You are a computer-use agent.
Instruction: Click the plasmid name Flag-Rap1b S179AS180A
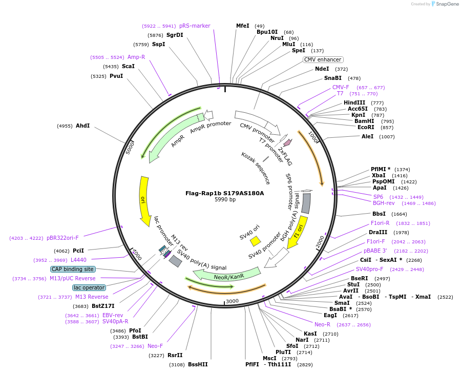pyautogui.click(x=225, y=193)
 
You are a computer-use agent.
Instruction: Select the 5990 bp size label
pyautogui.click(x=225, y=200)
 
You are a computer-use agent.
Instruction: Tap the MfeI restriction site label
pyautogui.click(x=243, y=26)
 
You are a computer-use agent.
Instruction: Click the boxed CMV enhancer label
pyautogui.click(x=323, y=59)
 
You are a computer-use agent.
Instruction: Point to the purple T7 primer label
pyautogui.click(x=340, y=94)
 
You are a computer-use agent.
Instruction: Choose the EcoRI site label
pyautogui.click(x=366, y=127)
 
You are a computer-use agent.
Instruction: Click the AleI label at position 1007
pyautogui.click(x=368, y=137)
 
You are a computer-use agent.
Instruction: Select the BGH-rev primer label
pyautogui.click(x=384, y=203)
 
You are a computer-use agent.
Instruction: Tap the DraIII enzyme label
pyautogui.click(x=378, y=233)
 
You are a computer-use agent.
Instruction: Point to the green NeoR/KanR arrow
pyautogui.click(x=229, y=275)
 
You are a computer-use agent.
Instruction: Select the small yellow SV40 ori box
pyautogui.click(x=255, y=241)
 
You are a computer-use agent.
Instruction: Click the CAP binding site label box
pyautogui.click(x=73, y=269)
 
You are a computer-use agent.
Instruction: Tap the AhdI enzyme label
pyautogui.click(x=82, y=126)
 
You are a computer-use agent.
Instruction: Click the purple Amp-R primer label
pyautogui.click(x=136, y=57)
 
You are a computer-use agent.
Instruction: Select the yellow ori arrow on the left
pyautogui.click(x=144, y=201)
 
